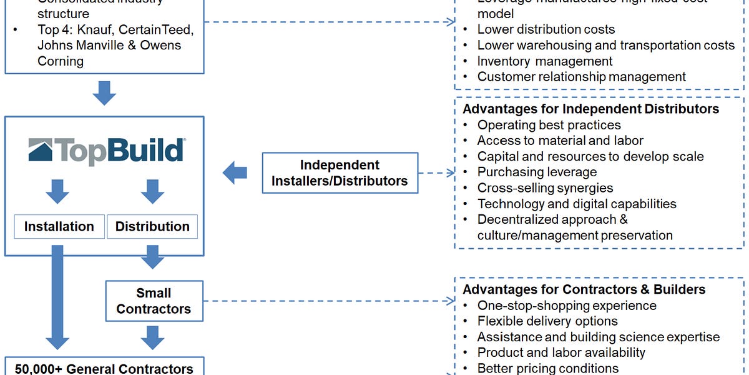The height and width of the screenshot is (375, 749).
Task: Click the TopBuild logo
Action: click(x=106, y=151)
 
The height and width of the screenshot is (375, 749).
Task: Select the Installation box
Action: click(x=59, y=227)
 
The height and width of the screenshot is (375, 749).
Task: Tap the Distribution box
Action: click(x=152, y=227)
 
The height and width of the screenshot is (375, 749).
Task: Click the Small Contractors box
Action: click(x=154, y=301)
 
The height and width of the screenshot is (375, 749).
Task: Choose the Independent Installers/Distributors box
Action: click(x=340, y=173)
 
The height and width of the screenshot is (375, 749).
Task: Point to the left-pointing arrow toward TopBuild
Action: click(x=235, y=173)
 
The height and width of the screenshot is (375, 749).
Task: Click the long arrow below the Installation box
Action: click(x=58, y=297)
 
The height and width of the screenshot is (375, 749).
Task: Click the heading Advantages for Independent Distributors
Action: click(x=590, y=109)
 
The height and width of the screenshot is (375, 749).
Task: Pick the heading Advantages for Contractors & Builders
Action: click(x=584, y=289)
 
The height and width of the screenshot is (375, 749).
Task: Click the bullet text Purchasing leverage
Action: click(x=537, y=172)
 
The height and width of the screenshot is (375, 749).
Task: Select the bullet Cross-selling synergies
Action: click(x=545, y=188)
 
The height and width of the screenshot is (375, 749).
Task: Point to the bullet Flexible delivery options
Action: click(x=547, y=321)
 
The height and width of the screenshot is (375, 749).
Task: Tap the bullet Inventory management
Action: click(x=545, y=61)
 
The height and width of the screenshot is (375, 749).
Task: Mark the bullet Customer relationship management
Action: click(x=581, y=77)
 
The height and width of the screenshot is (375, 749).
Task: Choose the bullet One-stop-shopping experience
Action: click(x=567, y=306)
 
